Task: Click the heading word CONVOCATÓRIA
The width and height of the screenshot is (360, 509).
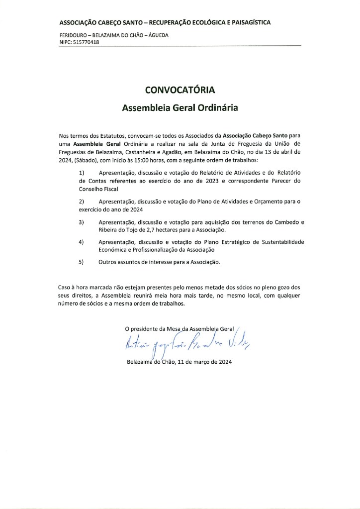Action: click(x=180, y=90)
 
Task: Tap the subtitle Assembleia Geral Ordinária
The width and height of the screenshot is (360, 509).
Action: click(x=180, y=107)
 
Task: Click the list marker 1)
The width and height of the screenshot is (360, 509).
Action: click(x=82, y=173)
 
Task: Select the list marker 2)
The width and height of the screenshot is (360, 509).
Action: click(x=82, y=201)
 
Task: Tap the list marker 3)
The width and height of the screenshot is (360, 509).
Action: click(x=82, y=221)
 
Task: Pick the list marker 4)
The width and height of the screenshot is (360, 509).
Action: click(x=82, y=241)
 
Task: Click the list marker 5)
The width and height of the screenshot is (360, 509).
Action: click(x=82, y=261)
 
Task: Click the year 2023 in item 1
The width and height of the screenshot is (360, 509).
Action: click(x=211, y=181)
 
